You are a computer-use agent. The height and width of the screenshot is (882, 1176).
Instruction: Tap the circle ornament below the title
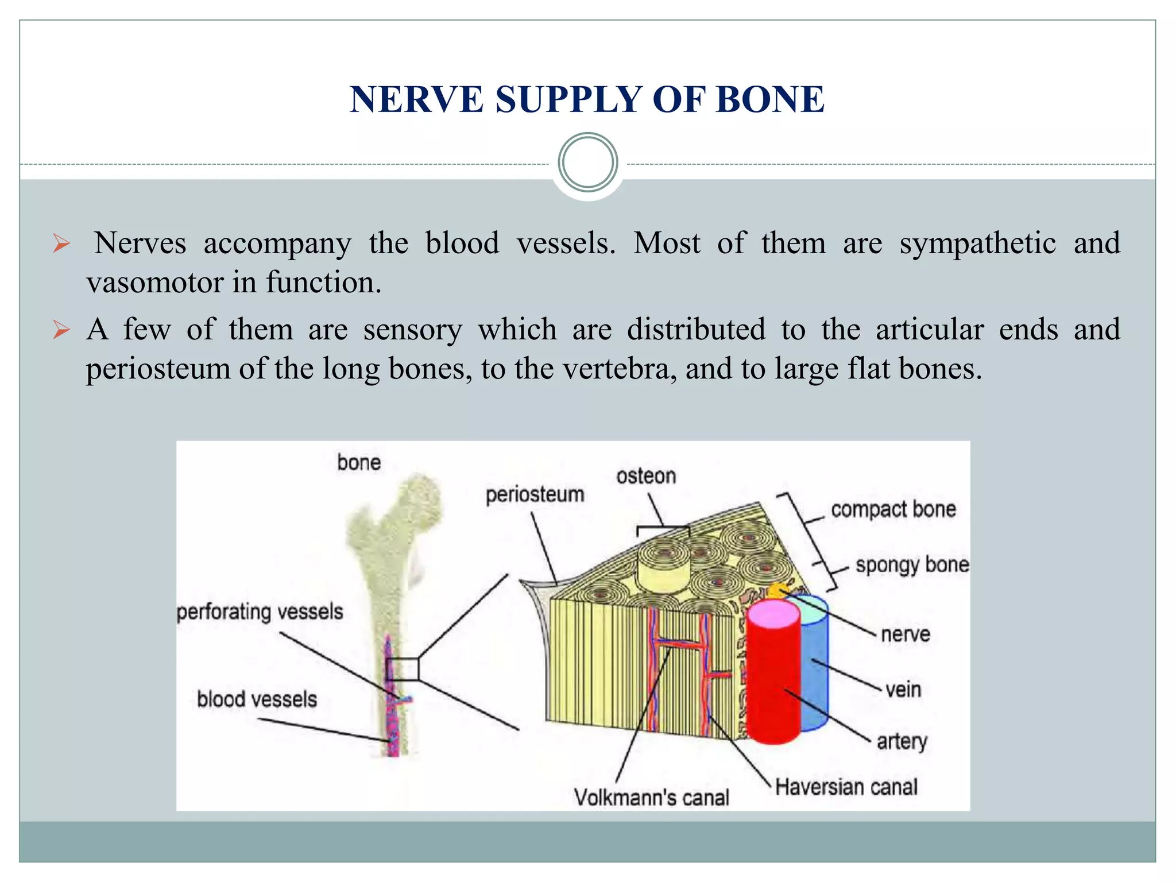tap(587, 163)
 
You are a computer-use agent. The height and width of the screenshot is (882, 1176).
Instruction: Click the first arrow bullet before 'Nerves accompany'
tap(61, 243)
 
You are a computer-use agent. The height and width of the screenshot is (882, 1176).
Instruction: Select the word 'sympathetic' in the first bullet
tap(977, 243)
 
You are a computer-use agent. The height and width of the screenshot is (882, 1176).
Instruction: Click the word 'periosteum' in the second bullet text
tap(158, 369)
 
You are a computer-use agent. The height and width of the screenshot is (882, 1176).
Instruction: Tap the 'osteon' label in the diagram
tap(646, 476)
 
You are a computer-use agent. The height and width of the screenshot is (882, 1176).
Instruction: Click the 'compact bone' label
tap(893, 509)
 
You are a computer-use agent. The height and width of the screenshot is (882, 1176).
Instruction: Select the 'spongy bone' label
tap(912, 565)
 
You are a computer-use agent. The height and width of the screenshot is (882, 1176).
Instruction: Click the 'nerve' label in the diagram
tap(905, 635)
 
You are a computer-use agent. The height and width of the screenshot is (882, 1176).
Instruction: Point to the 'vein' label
tap(903, 689)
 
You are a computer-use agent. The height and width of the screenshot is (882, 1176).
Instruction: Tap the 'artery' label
tap(902, 741)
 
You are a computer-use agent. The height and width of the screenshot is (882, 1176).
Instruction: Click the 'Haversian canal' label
tap(846, 787)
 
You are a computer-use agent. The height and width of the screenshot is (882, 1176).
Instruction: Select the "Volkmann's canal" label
tap(651, 798)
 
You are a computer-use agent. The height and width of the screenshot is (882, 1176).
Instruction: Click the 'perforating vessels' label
tap(260, 612)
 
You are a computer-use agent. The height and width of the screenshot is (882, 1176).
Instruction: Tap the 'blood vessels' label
tap(257, 699)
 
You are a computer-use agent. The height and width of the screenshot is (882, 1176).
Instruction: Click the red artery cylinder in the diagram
tap(773, 683)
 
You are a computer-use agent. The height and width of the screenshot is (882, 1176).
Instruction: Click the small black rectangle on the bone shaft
tap(402, 669)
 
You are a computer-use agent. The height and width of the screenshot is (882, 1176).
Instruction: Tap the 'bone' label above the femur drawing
tap(359, 463)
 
